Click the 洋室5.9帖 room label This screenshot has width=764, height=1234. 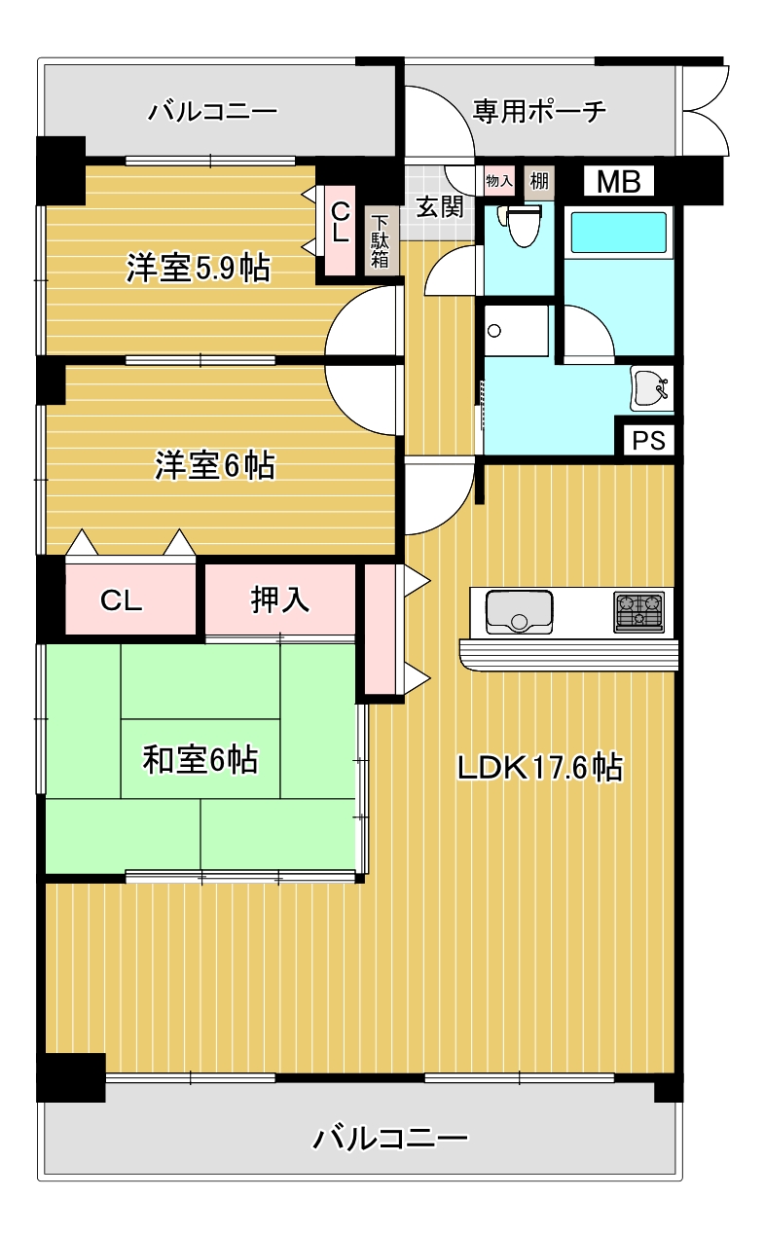point(198,268)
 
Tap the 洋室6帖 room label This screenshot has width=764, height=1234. point(214,466)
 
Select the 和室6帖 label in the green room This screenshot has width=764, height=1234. point(200,759)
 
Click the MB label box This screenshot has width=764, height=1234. point(618,182)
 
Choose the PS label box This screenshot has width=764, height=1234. point(648,441)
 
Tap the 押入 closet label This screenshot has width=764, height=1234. point(280,599)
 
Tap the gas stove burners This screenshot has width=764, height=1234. point(638,611)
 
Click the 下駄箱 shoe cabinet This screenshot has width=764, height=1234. point(379,243)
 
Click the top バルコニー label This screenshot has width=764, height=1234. point(212,112)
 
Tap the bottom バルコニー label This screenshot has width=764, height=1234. point(391,1136)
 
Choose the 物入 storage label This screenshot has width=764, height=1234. point(498,181)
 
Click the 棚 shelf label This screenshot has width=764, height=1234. point(538,181)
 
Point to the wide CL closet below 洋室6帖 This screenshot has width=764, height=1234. point(123,600)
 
